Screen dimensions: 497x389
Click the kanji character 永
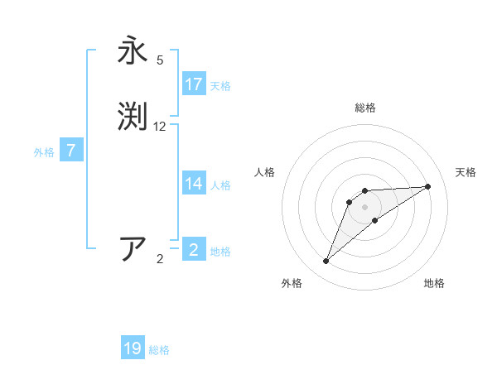point(133,51)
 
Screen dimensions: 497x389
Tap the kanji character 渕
point(133,115)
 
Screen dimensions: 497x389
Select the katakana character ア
point(133,248)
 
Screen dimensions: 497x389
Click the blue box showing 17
point(194,84)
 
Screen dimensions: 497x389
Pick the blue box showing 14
point(194,184)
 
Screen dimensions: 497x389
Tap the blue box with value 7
point(71,151)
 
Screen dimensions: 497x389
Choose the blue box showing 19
point(133,348)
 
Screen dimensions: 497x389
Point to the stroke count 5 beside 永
point(160,60)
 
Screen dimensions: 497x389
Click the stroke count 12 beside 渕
point(160,127)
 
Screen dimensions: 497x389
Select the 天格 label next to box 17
point(220,86)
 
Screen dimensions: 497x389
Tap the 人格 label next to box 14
point(220,185)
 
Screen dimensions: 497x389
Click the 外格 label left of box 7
point(44,152)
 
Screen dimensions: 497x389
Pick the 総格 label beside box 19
point(159,350)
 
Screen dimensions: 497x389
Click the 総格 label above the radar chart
point(365,108)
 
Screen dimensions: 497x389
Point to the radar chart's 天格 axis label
point(466,172)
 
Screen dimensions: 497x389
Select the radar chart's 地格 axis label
point(434,283)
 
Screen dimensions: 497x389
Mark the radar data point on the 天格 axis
point(428,186)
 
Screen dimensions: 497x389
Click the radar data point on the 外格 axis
point(326,262)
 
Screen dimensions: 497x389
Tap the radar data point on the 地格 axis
point(375,220)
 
